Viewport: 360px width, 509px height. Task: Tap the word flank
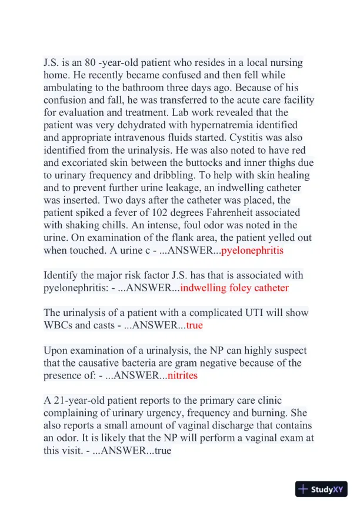point(182,237)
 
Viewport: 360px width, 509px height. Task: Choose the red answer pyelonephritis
point(252,250)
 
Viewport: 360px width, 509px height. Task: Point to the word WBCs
point(58,325)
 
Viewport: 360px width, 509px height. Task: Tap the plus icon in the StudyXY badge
point(303,489)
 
